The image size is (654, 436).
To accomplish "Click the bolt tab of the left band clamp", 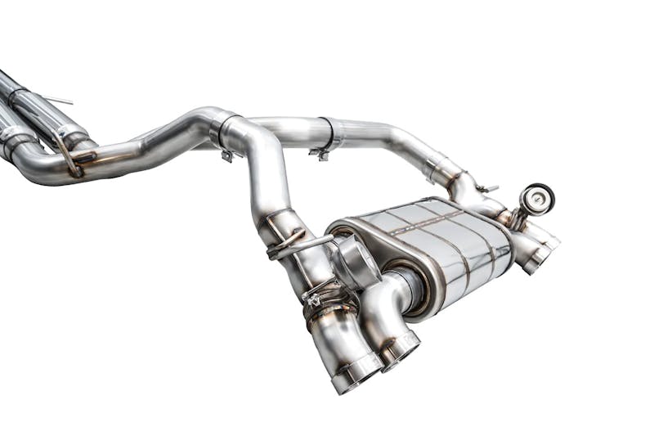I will point(226,155).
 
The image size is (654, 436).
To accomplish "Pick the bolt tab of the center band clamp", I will point(320,153).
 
